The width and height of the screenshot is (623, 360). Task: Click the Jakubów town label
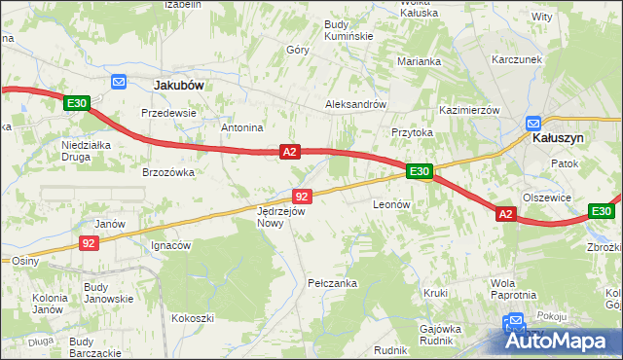pyautogui.click(x=179, y=85)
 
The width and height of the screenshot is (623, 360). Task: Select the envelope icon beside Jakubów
pyautogui.click(x=119, y=83)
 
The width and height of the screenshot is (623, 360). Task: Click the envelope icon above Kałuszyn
pyautogui.click(x=533, y=124)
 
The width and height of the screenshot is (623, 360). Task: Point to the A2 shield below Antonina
pyautogui.click(x=289, y=153)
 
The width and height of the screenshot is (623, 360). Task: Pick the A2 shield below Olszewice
pyautogui.click(x=504, y=214)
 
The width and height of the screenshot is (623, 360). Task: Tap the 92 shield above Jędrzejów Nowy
pyautogui.click(x=301, y=197)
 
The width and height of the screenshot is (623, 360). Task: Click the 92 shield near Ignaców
pyautogui.click(x=89, y=243)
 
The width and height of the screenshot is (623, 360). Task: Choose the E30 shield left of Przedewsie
pyautogui.click(x=77, y=103)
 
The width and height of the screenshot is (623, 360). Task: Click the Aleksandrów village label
pyautogui.click(x=356, y=105)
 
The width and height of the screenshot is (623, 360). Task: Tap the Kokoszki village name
pyautogui.click(x=192, y=318)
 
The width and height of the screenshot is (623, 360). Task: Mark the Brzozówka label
pyautogui.click(x=168, y=172)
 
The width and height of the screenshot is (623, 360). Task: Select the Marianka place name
pyautogui.click(x=420, y=61)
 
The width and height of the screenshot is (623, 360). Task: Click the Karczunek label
pyautogui.click(x=516, y=58)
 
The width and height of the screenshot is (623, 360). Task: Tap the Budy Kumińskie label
pyautogui.click(x=348, y=29)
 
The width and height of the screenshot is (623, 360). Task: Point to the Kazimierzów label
pyautogui.click(x=469, y=110)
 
